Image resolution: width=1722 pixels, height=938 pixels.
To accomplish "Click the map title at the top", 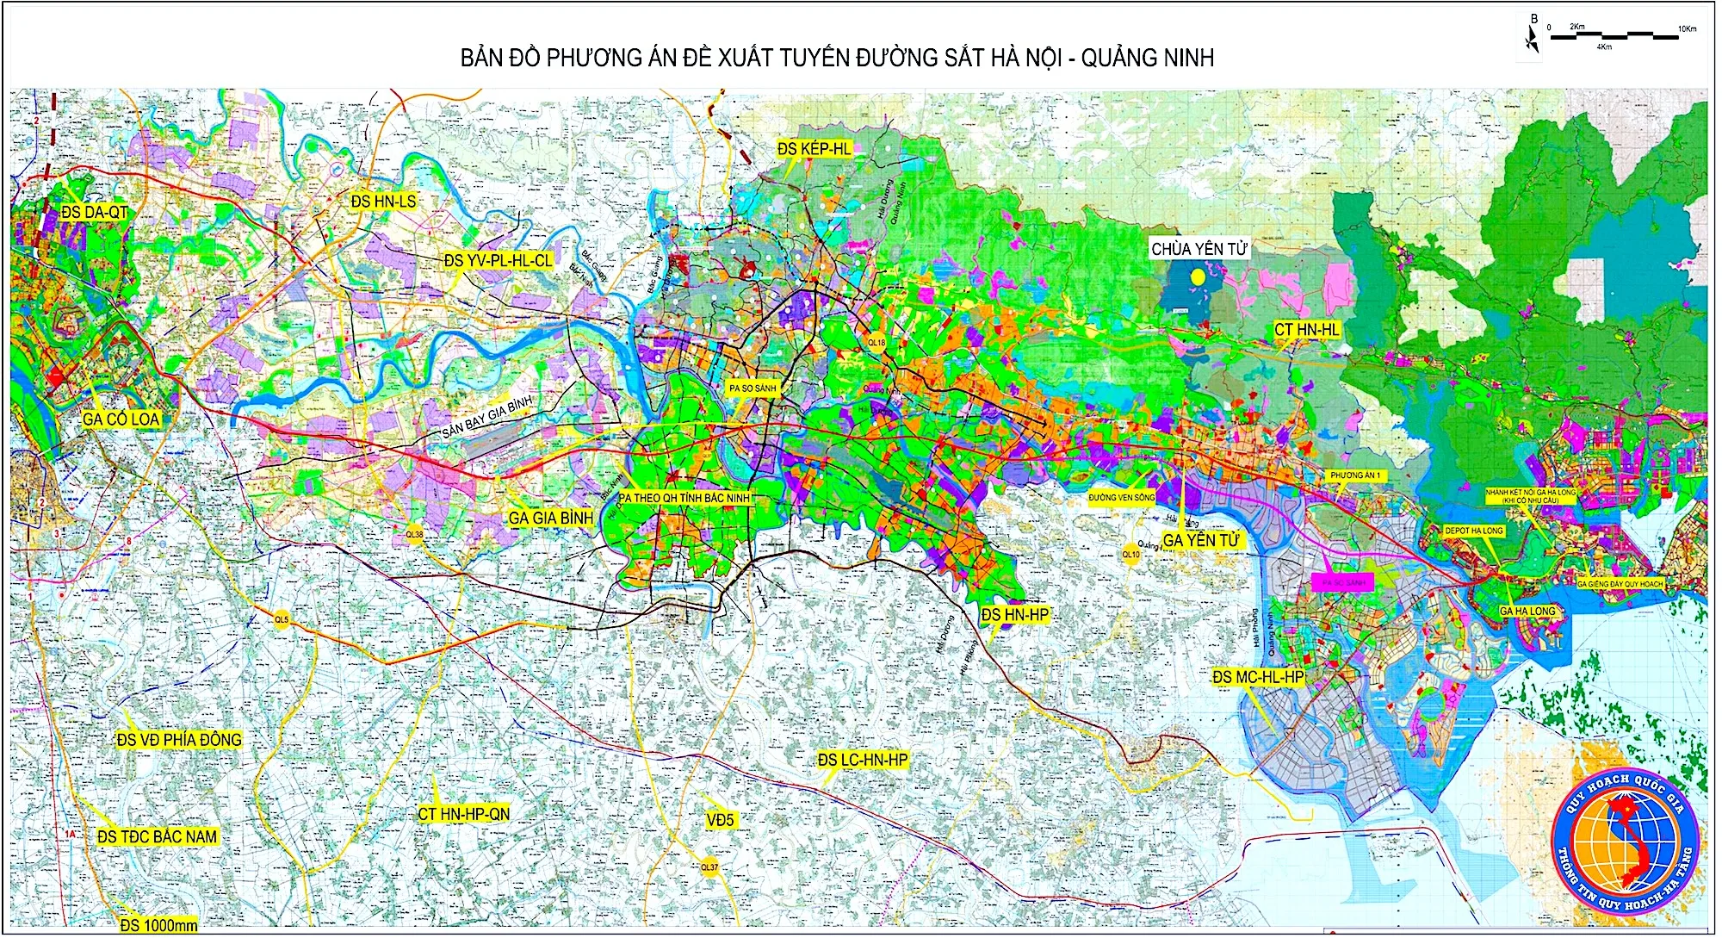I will pyautogui.click(x=837, y=58).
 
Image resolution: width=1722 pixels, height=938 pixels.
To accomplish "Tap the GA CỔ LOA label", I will pyautogui.click(x=121, y=419).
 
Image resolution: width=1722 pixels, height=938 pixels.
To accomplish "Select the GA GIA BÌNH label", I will pyautogui.click(x=550, y=519).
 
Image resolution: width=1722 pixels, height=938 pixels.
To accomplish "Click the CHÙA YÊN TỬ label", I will pyautogui.click(x=1199, y=250).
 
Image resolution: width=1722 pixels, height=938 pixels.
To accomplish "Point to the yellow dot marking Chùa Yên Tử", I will pyautogui.click(x=1198, y=277).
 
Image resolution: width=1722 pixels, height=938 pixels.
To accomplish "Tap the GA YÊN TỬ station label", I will pyautogui.click(x=1201, y=541).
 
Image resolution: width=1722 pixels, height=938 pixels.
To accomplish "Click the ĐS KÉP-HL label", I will pyautogui.click(x=814, y=149).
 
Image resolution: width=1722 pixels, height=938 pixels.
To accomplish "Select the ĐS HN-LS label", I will pyautogui.click(x=383, y=202).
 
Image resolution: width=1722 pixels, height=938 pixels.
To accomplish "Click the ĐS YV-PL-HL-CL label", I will pyautogui.click(x=499, y=260).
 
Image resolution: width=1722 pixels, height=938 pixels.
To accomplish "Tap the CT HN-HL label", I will pyautogui.click(x=1307, y=330).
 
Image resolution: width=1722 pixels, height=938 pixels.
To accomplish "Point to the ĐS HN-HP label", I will pyautogui.click(x=1015, y=615).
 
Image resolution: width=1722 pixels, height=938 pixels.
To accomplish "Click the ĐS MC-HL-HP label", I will pyautogui.click(x=1258, y=678).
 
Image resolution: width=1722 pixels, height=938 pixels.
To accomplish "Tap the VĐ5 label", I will pyautogui.click(x=720, y=820).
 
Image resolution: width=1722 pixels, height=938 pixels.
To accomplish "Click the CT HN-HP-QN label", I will pyautogui.click(x=464, y=814).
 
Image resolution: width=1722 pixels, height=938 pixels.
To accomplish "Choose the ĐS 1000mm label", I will pyautogui.click(x=158, y=926).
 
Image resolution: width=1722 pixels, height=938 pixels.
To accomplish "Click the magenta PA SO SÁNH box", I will pyautogui.click(x=1343, y=583).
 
